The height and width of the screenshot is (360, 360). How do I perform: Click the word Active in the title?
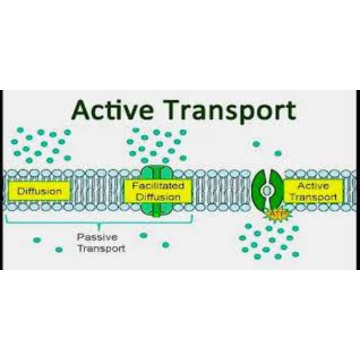(112, 110)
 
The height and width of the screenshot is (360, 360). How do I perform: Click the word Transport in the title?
(231, 111)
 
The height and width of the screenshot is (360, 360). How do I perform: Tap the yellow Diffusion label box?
(39, 191)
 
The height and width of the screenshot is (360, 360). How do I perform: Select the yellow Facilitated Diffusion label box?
(157, 191)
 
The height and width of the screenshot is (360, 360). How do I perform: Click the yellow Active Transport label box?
(314, 191)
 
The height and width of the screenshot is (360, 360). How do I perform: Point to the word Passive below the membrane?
(97, 237)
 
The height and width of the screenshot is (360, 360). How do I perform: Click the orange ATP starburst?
(278, 214)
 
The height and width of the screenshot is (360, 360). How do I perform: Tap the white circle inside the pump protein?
(266, 191)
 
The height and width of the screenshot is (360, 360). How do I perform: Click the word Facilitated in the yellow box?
(158, 186)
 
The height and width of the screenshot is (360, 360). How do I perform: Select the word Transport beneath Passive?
(101, 248)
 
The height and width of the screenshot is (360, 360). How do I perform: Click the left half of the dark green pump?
(259, 189)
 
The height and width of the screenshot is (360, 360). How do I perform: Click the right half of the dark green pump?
(276, 189)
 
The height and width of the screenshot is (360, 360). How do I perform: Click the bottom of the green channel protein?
(157, 210)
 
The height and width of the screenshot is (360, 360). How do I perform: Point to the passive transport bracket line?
(99, 223)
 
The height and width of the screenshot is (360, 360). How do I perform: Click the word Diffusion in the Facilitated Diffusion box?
(158, 197)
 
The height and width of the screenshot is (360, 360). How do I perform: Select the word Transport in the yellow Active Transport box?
(314, 197)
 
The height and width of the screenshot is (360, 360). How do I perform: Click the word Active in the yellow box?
(313, 186)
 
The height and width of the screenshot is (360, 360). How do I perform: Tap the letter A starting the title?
(82, 110)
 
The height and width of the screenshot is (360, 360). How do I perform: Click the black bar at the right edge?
(358, 180)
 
